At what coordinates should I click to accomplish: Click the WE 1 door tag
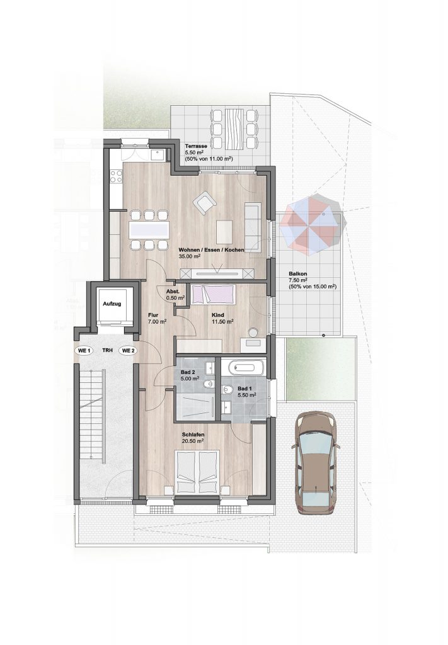click(84, 351)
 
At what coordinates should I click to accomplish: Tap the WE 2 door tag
click(128, 351)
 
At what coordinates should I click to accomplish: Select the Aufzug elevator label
click(112, 304)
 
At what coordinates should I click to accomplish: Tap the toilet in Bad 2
click(208, 385)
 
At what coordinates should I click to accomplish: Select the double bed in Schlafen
click(198, 472)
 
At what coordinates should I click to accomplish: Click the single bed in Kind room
click(213, 295)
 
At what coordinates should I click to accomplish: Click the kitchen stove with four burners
click(116, 176)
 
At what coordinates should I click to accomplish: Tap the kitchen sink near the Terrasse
click(158, 155)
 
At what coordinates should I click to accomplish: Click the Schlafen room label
click(193, 435)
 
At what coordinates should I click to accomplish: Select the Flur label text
click(153, 316)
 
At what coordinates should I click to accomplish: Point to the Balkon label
click(298, 274)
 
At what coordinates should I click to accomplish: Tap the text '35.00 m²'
click(190, 256)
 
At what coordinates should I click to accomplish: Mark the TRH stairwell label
click(107, 351)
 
